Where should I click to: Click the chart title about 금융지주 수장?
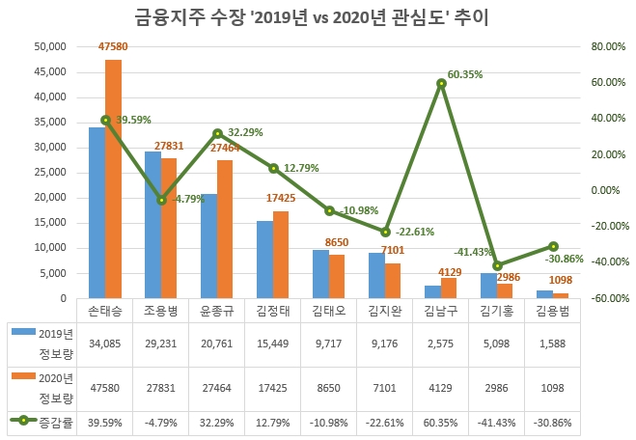318,17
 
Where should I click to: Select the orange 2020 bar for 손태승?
113,179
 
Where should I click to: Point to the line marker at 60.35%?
441,84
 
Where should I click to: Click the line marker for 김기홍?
497,265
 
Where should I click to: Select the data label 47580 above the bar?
113,45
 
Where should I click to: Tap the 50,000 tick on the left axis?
48,46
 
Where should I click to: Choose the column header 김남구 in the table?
441,312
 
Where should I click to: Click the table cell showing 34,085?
105,344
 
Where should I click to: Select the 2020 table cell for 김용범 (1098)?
552,386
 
